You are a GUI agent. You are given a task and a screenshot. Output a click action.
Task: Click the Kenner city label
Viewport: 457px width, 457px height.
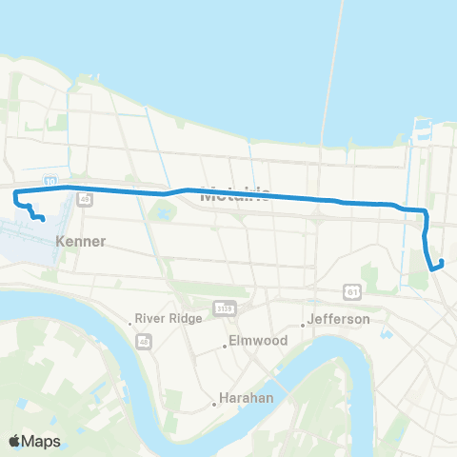pos(81,241)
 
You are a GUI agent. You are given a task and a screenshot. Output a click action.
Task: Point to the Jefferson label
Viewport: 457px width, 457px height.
pos(340,320)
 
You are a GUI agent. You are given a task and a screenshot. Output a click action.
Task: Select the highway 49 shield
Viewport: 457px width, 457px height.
pos(86,200)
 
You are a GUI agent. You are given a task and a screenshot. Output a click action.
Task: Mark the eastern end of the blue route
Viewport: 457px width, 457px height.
pos(434,269)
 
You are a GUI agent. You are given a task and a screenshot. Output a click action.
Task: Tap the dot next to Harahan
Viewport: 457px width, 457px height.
pos(215,404)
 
